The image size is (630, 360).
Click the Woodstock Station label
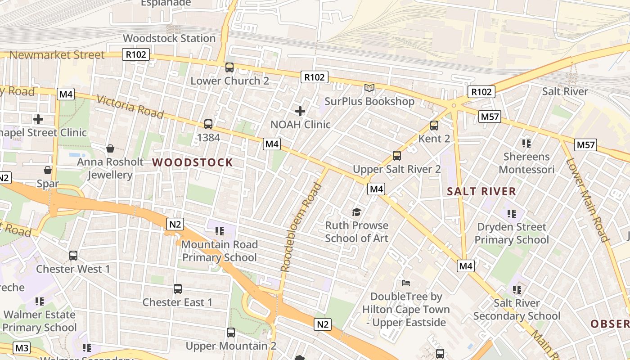169,38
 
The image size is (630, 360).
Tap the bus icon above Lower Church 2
229,67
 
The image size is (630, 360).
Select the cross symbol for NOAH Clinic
300,111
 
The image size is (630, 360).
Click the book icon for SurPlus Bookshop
369,88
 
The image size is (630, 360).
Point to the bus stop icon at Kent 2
434,126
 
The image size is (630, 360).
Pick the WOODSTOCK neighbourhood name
193,162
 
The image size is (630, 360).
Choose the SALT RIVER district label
481,191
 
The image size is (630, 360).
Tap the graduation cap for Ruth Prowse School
357,212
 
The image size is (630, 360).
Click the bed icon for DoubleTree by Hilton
406,283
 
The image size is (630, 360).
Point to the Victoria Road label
130,107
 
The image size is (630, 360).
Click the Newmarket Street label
57,55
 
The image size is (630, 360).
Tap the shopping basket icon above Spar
47,170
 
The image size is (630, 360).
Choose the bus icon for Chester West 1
73,256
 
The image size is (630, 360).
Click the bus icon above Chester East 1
178,289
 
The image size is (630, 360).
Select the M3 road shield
22,348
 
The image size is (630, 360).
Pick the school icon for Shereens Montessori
526,144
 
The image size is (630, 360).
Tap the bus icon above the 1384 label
208,124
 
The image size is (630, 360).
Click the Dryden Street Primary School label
512,233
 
